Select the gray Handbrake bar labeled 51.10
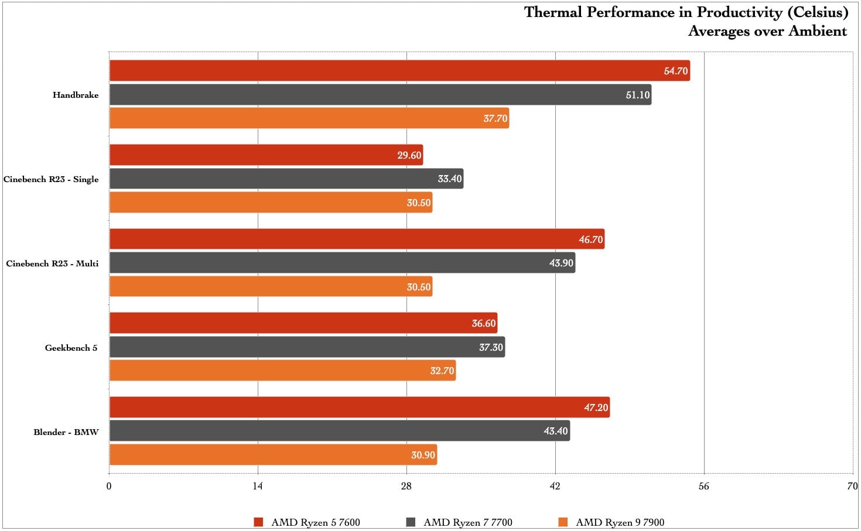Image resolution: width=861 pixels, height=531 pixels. point(380,95)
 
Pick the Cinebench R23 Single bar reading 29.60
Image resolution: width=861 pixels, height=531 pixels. point(266,155)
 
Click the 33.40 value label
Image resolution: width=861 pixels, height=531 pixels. point(450,179)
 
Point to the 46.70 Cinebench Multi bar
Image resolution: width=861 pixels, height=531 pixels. point(357,239)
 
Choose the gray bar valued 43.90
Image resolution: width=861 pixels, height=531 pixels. point(342,263)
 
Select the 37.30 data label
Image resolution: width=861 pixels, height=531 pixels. point(491,347)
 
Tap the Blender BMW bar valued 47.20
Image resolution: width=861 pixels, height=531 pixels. point(360,407)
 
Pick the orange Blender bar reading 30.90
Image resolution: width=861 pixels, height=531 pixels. point(273,455)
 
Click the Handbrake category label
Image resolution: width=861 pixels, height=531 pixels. point(76,95)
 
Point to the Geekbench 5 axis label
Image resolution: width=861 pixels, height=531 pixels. point(71,348)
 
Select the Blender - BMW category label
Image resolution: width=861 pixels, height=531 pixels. point(66,432)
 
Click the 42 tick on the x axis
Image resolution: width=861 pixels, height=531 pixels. point(555,486)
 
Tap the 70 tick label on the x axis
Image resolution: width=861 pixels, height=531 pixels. point(852,486)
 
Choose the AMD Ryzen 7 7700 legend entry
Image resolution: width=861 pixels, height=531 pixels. point(467,522)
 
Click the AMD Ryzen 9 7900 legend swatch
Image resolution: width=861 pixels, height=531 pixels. point(563,522)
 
